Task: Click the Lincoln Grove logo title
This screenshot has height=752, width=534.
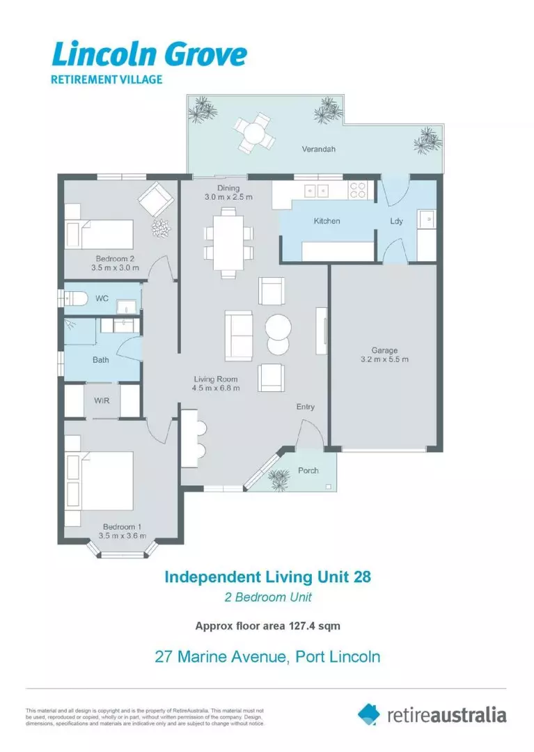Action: click(149, 53)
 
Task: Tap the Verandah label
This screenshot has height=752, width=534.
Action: click(318, 149)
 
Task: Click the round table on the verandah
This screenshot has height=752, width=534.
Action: click(253, 132)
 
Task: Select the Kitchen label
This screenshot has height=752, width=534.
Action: click(327, 221)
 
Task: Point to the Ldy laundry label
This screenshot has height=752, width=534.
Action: click(396, 221)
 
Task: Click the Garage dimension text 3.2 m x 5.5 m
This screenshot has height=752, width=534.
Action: click(384, 359)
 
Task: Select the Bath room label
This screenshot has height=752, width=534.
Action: click(101, 360)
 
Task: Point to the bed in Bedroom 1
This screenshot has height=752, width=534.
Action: click(102, 480)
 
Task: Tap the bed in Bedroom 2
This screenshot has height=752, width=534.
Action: click(100, 230)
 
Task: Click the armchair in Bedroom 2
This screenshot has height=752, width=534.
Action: click(157, 200)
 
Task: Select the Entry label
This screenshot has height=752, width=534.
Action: click(306, 407)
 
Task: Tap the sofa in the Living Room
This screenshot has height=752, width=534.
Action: click(239, 334)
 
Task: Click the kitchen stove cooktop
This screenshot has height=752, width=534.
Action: click(358, 190)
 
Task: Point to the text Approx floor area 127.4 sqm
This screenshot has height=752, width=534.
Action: click(267, 625)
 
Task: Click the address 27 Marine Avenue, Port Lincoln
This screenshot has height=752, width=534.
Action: click(267, 656)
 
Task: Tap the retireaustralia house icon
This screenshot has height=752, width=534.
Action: click(369, 714)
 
